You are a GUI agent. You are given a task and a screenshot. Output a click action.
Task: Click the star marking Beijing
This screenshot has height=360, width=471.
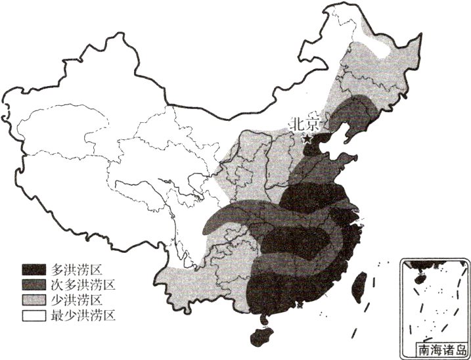point(307,139)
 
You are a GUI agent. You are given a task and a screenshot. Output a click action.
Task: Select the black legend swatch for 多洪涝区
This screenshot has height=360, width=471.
point(34,269)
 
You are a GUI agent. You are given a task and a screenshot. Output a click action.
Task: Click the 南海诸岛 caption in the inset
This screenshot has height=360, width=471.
point(442,351)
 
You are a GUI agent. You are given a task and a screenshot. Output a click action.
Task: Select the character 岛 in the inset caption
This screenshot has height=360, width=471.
point(461,351)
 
